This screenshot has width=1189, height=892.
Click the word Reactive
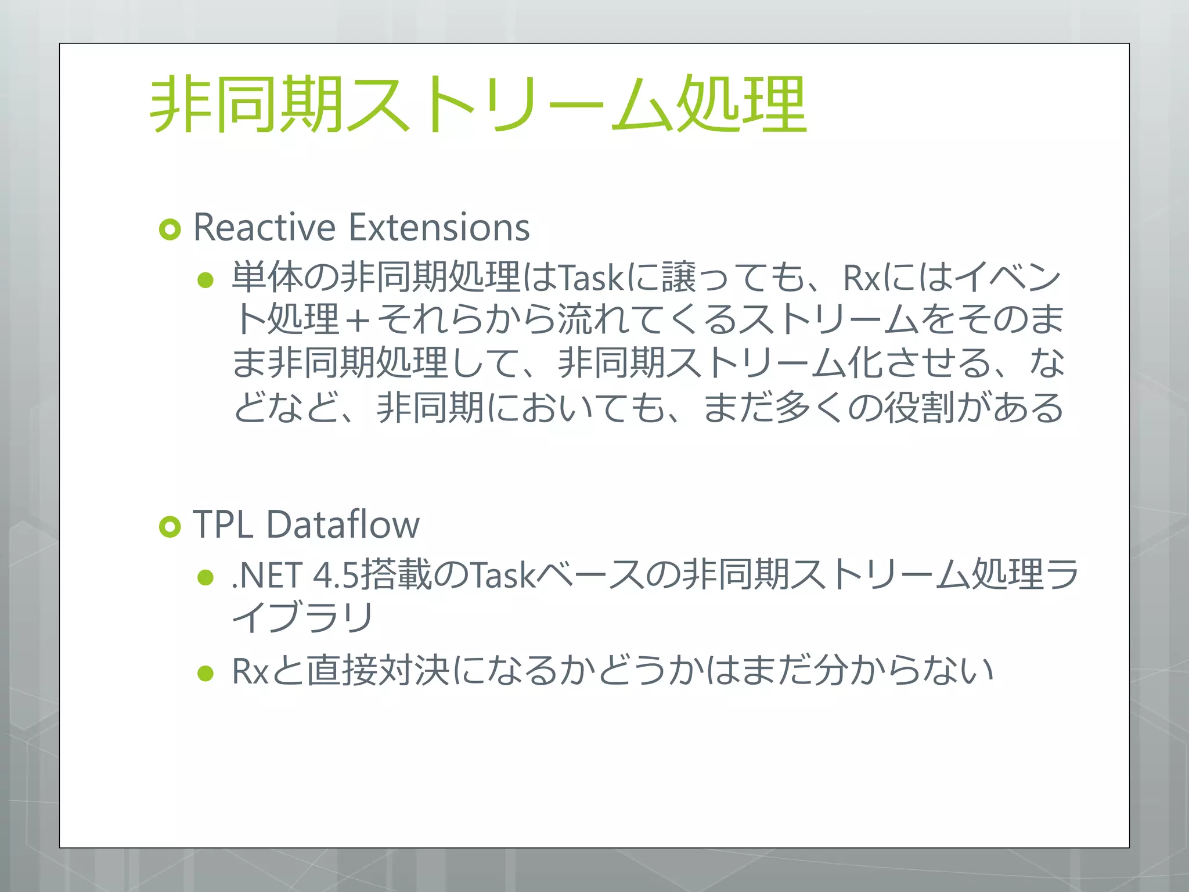[x=264, y=228]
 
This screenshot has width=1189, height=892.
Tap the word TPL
[x=222, y=525]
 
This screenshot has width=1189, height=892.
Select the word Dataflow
[x=343, y=525]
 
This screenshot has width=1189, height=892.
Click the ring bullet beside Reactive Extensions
[x=170, y=230]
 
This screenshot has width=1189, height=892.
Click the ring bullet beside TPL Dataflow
[x=170, y=527]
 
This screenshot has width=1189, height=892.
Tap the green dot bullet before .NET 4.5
[x=206, y=577]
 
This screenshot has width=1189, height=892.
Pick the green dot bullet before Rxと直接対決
[x=206, y=673]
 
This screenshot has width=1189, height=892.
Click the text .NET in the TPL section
[x=267, y=576]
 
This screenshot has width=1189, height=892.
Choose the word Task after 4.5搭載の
[x=502, y=576]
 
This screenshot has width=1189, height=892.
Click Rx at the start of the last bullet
[x=250, y=672]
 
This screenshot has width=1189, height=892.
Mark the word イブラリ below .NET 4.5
[x=302, y=617]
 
